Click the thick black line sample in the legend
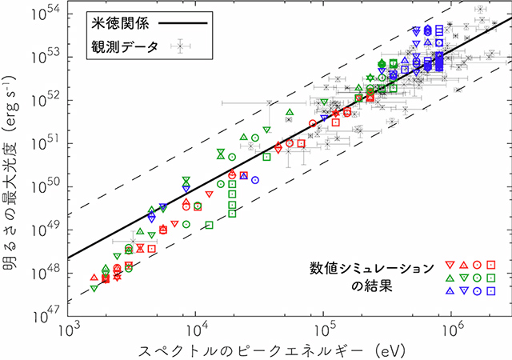coord(185,24)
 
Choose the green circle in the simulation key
coord(477,278)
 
